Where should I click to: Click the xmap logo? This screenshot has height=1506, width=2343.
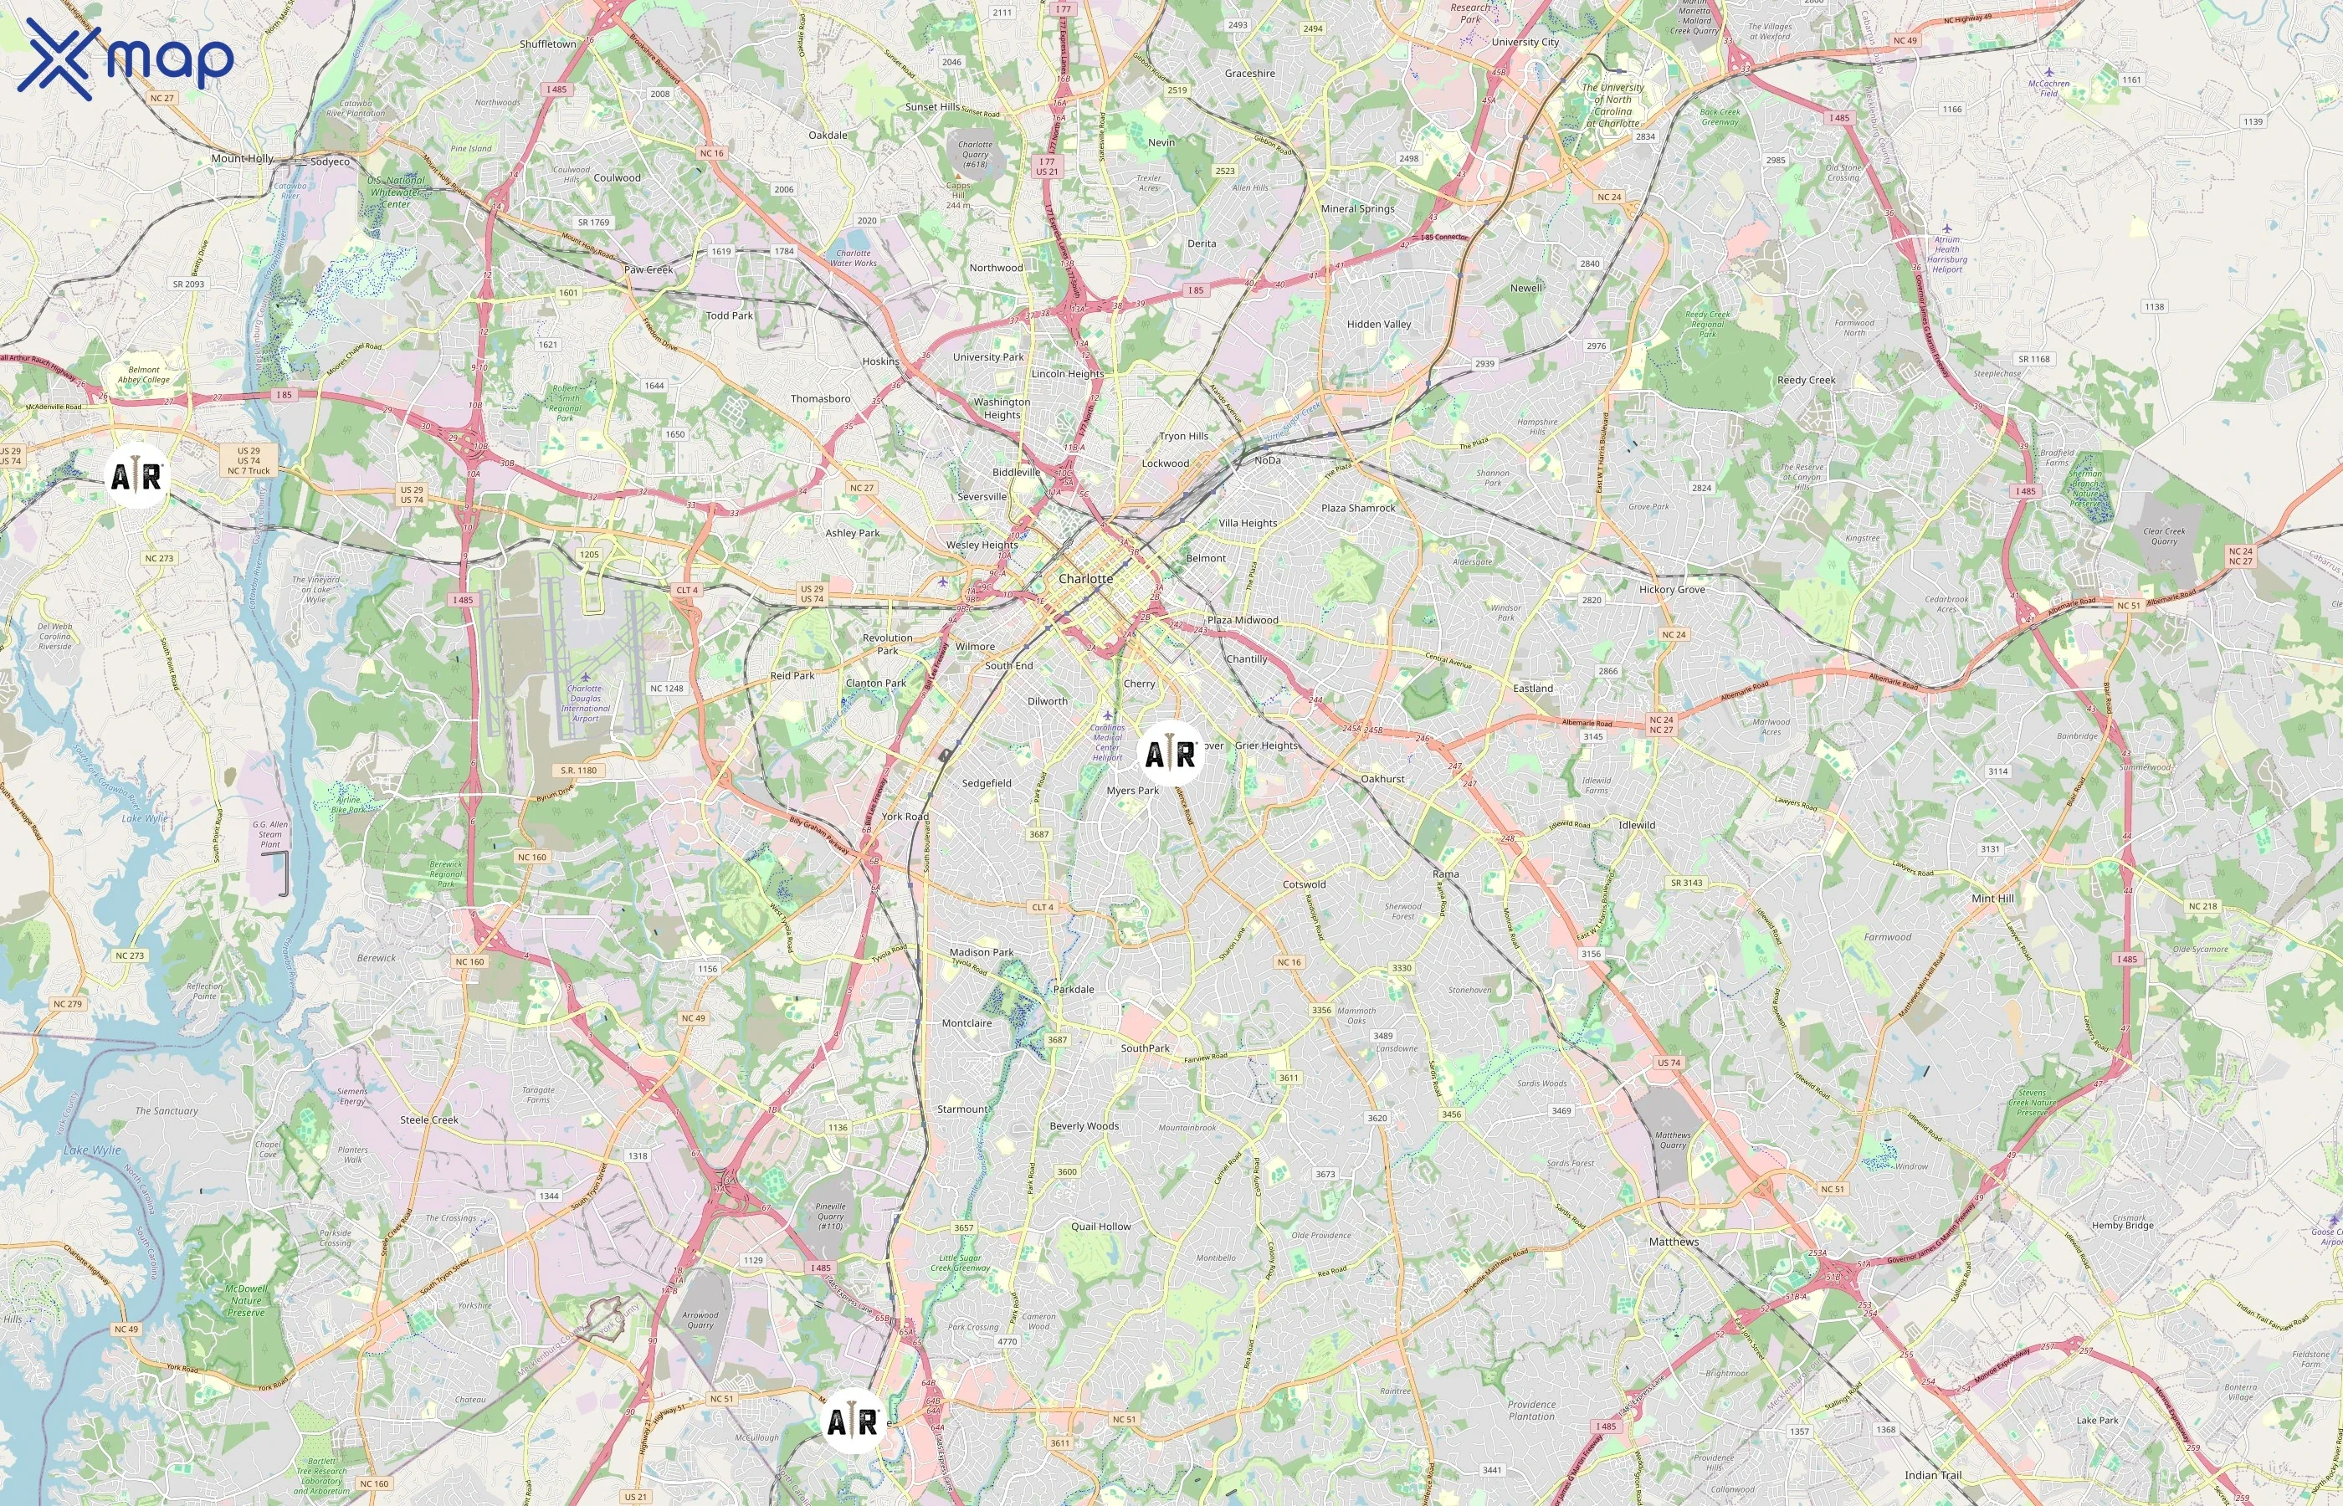click(x=126, y=59)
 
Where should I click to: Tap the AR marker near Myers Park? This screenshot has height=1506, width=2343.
click(x=1171, y=754)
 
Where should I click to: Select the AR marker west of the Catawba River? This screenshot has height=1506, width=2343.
click(x=136, y=476)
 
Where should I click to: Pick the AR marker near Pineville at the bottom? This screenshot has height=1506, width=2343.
click(x=853, y=1421)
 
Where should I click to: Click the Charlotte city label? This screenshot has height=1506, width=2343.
click(x=1085, y=579)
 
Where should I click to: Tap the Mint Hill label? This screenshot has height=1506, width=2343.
click(x=1992, y=898)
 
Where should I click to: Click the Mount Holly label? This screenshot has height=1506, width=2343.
click(x=243, y=158)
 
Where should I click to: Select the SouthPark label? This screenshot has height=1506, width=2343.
click(x=1144, y=1048)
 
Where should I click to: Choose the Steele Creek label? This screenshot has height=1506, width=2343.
click(x=428, y=1119)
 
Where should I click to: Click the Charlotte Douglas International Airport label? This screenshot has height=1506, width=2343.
click(x=585, y=702)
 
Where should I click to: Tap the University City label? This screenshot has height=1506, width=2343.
click(x=1525, y=42)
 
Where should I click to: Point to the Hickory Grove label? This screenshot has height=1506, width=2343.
click(x=1671, y=590)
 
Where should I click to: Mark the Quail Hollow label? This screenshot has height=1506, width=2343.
click(x=1100, y=1227)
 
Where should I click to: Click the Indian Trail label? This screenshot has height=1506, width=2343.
click(x=1932, y=1475)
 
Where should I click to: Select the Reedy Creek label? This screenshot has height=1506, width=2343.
click(x=1805, y=381)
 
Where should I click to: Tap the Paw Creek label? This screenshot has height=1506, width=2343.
click(x=649, y=270)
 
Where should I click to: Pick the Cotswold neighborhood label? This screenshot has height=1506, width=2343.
click(x=1304, y=884)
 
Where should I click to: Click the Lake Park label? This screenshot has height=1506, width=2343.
click(x=2097, y=1420)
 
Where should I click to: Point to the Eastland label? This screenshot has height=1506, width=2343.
click(x=1532, y=689)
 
